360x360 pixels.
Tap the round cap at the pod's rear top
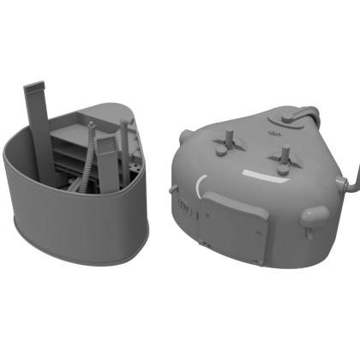[287, 119]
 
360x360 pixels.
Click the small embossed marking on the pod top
[274, 134]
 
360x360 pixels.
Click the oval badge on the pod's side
[184, 207]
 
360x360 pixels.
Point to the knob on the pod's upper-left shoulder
[185, 133]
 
